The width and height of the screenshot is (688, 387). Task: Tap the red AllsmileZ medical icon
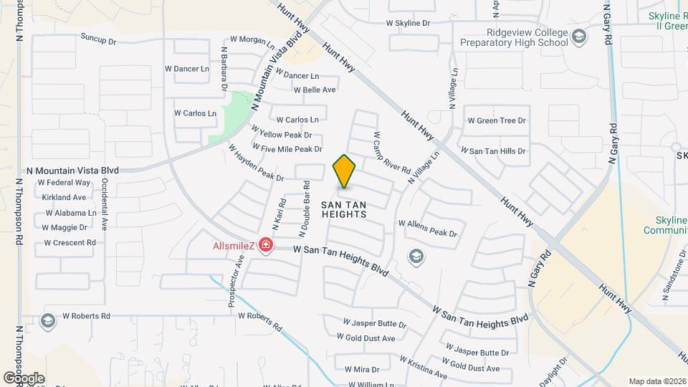point(266,246)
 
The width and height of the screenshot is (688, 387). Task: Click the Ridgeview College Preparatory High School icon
point(578,36)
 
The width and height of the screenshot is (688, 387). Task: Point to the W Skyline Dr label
point(408,23)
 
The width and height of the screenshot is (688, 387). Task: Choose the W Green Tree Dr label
point(497,120)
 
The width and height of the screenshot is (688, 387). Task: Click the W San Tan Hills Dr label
point(493,151)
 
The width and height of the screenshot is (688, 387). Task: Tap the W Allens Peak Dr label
point(427,233)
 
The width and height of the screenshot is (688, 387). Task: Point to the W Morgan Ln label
point(252,40)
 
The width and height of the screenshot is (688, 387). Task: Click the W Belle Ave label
point(315,90)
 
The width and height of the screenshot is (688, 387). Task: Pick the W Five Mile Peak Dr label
point(292,149)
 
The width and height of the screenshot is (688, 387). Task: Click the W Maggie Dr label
point(64,227)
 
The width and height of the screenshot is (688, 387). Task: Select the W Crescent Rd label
point(70,242)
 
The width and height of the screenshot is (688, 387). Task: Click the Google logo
point(24,378)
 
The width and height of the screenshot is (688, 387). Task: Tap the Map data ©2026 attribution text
point(656,381)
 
